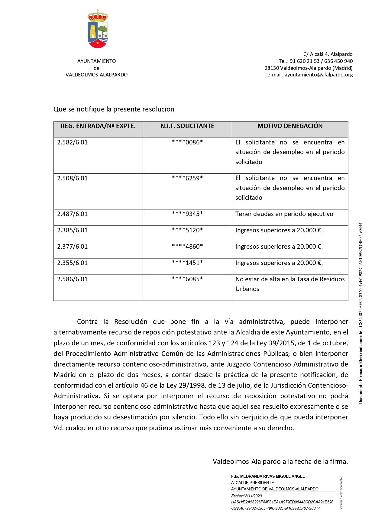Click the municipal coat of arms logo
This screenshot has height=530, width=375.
tap(98, 29)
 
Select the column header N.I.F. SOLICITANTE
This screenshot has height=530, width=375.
tap(187, 126)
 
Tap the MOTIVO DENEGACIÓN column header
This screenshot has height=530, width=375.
tap(290, 126)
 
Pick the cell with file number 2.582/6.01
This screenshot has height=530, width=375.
tap(73, 142)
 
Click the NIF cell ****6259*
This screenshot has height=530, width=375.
tap(187, 178)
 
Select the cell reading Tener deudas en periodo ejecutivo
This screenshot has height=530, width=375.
tap(284, 214)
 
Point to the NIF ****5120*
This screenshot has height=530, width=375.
tap(187, 230)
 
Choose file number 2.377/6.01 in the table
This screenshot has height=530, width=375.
tap(73, 247)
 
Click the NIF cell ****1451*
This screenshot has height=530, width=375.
tap(187, 263)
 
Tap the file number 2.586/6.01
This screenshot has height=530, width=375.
tap(73, 279)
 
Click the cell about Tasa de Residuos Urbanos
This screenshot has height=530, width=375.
tap(290, 284)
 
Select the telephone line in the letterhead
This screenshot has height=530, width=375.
tap(315, 61)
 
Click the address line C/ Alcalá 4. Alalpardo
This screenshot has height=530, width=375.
tap(328, 54)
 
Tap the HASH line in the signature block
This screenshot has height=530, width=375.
tap(282, 502)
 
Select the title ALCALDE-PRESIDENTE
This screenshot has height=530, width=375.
tap(252, 483)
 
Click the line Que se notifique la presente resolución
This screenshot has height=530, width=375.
tap(114, 109)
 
